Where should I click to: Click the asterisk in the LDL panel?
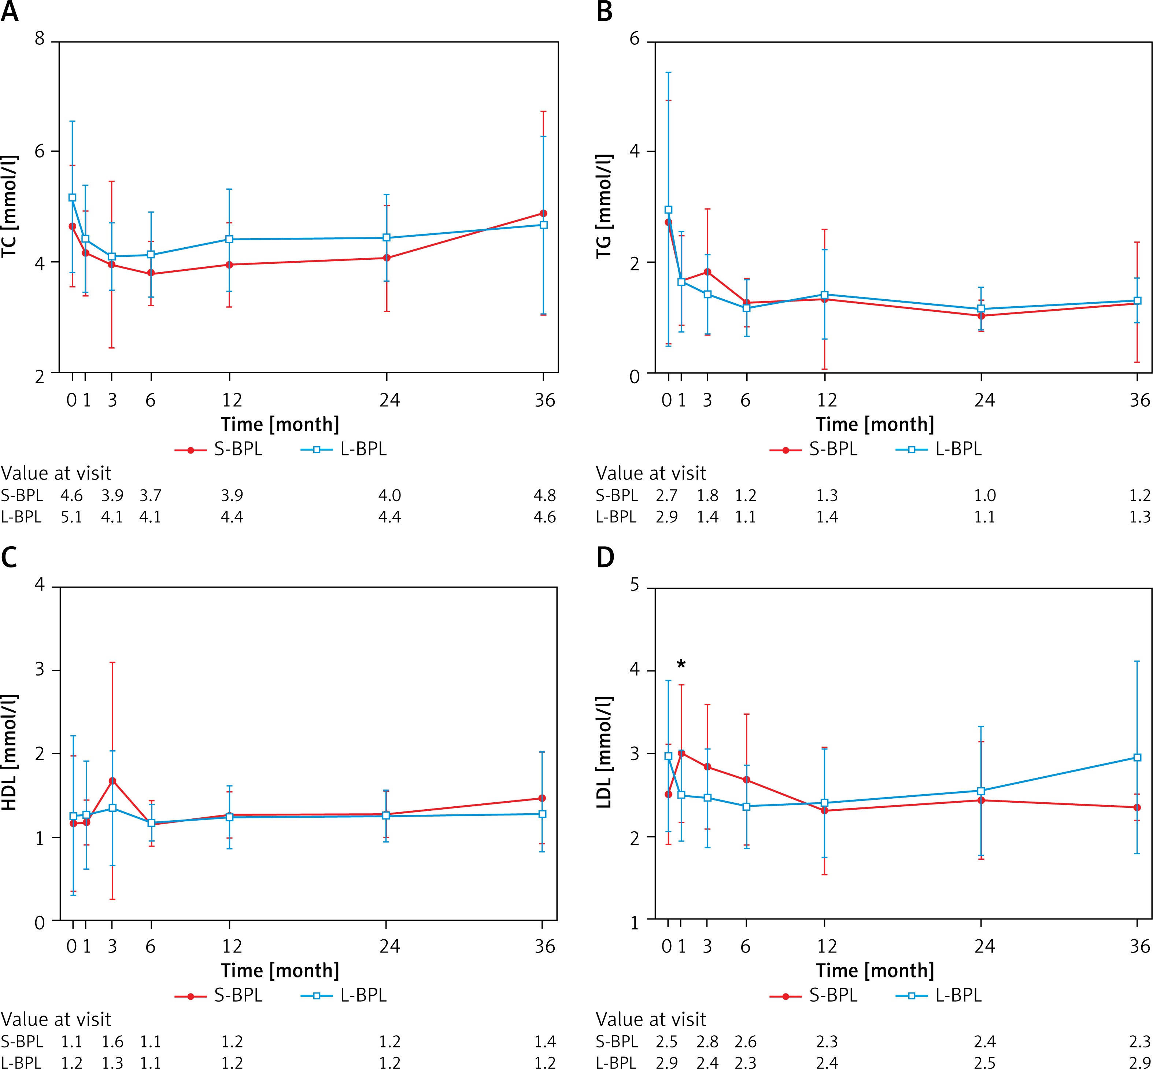click(681, 664)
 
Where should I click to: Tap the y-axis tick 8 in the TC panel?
click(39, 39)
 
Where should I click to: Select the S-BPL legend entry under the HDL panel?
click(220, 995)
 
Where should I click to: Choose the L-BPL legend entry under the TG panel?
click(939, 449)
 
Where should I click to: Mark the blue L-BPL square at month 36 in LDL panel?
click(1137, 757)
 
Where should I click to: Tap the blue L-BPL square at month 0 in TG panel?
click(669, 210)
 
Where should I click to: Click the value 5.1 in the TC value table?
click(72, 517)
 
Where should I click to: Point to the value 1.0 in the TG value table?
click(985, 496)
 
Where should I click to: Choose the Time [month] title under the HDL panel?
click(280, 970)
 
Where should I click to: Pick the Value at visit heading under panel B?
click(651, 473)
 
